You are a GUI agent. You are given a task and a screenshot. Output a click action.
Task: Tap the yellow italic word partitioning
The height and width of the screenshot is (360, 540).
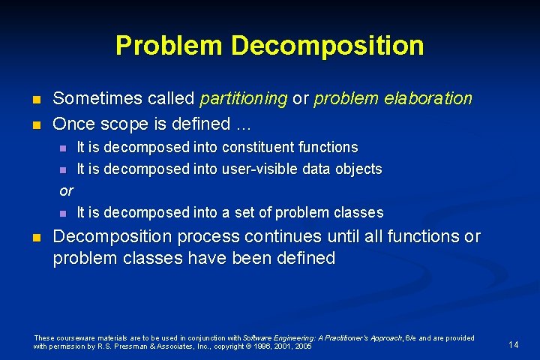pos(244,98)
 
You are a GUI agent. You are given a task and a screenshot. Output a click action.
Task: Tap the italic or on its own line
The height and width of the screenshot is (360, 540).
pos(66,190)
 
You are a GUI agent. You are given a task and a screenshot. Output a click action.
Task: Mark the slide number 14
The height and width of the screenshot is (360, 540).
pos(514,344)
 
